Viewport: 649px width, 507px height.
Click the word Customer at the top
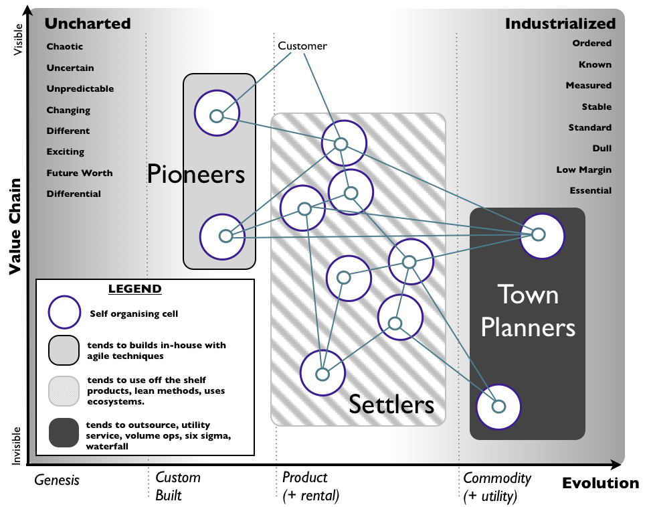(302, 46)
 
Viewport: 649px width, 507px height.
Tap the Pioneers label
(196, 174)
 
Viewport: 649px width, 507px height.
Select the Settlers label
(391, 405)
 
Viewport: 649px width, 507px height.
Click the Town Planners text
(528, 311)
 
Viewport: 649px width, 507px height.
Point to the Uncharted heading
(87, 23)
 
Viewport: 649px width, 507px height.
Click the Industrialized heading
(560, 23)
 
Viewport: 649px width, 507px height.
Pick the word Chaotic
(65, 47)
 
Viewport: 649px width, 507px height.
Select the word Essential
(590, 191)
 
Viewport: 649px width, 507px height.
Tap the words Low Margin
(583, 170)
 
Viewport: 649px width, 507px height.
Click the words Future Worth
(80, 173)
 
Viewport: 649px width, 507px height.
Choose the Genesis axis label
(57, 480)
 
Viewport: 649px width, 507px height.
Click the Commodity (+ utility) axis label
(497, 487)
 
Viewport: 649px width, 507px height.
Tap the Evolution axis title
(600, 483)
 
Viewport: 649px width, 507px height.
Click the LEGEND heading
(135, 289)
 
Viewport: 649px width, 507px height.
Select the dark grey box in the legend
(66, 433)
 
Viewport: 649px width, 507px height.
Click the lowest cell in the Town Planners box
(498, 406)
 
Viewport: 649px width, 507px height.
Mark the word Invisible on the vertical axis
(17, 445)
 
